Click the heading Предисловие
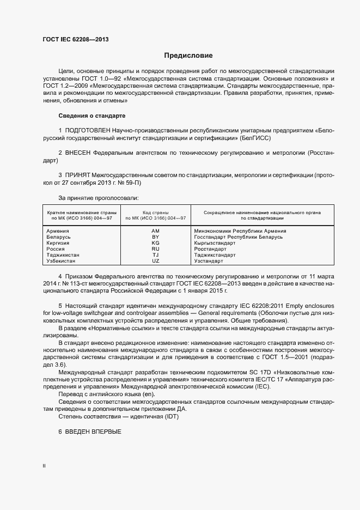(x=188, y=56)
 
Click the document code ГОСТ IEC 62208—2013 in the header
(x=75, y=40)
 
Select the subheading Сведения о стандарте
(x=91, y=116)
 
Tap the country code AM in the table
(x=155, y=231)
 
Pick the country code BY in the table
(x=155, y=237)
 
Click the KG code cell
(x=155, y=243)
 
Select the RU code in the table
(x=155, y=249)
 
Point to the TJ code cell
(x=155, y=255)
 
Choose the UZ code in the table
(x=155, y=261)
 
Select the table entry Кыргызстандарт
(x=215, y=243)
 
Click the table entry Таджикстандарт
(x=215, y=255)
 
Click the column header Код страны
(x=155, y=212)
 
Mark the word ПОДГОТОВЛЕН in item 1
(x=88, y=131)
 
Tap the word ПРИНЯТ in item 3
(x=78, y=175)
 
